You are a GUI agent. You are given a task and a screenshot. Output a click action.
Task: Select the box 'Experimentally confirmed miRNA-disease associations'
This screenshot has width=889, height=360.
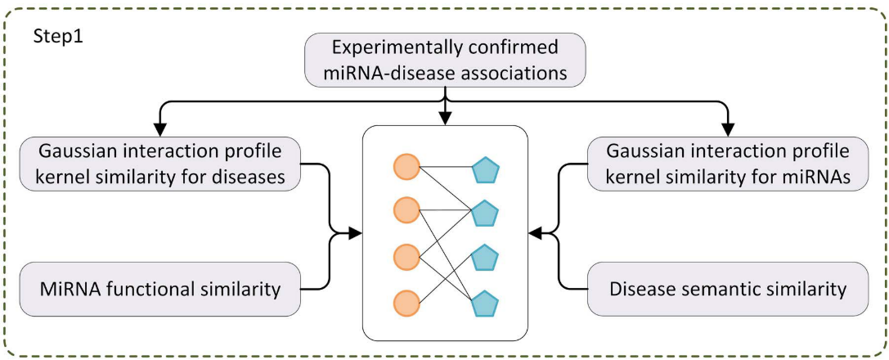coord(445,59)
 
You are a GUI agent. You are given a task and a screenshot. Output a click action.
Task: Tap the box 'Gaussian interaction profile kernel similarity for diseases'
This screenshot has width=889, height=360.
coord(159,164)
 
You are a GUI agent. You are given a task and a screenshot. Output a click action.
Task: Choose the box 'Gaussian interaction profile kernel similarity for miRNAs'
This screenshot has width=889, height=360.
coord(728,164)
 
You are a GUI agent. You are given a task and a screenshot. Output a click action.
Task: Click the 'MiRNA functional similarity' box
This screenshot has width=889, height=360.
coord(159,288)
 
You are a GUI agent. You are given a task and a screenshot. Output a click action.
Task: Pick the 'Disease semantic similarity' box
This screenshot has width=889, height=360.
coord(728,288)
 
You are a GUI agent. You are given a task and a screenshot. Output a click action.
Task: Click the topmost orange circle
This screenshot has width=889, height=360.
coord(406,167)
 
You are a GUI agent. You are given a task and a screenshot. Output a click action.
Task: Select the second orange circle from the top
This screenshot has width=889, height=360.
coord(406,211)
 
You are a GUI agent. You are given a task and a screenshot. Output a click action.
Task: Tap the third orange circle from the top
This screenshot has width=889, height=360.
coord(406,256)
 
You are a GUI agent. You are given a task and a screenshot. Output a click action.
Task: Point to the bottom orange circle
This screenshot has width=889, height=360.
coord(406,302)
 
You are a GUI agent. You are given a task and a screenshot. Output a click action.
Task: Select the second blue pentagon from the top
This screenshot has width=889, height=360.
coord(485,214)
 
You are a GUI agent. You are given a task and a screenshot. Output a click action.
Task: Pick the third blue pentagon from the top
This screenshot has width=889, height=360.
coord(485,258)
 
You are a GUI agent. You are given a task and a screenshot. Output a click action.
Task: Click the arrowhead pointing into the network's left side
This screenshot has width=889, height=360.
coord(356,235)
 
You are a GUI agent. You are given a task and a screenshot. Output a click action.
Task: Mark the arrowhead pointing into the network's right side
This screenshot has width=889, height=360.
coord(534,235)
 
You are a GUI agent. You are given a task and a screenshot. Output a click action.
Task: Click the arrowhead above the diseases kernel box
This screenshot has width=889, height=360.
coord(159,128)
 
